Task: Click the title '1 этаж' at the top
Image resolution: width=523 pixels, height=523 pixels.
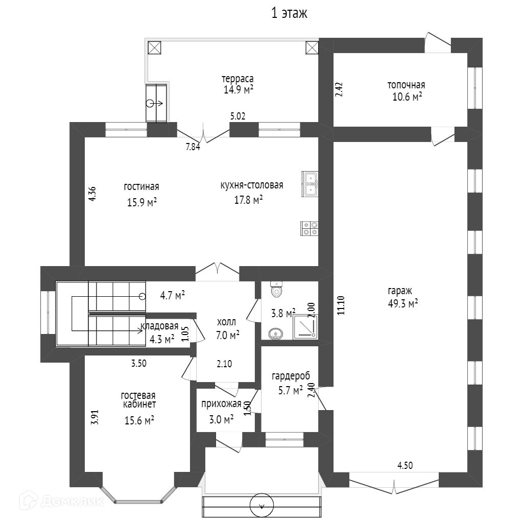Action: pyautogui.click(x=289, y=14)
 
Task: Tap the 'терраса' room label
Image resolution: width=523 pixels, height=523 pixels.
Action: pyautogui.click(x=237, y=79)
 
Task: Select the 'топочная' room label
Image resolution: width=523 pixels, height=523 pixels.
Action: pyautogui.click(x=406, y=85)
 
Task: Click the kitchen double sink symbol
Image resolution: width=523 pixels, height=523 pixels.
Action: pyautogui.click(x=310, y=184)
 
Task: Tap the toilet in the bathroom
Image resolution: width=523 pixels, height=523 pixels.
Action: pyautogui.click(x=276, y=289)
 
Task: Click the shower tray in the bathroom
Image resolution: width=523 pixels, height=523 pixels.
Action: pyautogui.click(x=305, y=327)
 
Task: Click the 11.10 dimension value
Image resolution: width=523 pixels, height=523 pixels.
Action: pyautogui.click(x=342, y=306)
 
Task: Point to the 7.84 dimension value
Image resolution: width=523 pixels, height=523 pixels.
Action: pyautogui.click(x=193, y=147)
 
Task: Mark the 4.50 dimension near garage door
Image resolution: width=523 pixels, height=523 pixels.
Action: pyautogui.click(x=405, y=465)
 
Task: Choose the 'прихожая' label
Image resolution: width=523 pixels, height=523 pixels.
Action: pyautogui.click(x=221, y=404)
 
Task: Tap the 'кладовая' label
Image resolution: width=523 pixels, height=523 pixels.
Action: pyautogui.click(x=160, y=326)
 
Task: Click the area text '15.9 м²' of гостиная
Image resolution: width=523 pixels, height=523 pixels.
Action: pyautogui.click(x=141, y=203)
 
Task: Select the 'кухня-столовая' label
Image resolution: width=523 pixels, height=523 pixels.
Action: pyautogui.click(x=251, y=185)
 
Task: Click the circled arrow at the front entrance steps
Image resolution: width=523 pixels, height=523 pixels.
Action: pyautogui.click(x=262, y=506)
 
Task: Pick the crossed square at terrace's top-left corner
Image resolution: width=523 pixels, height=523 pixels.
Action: pyautogui.click(x=154, y=47)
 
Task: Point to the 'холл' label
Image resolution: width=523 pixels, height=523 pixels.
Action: pyautogui.click(x=227, y=322)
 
